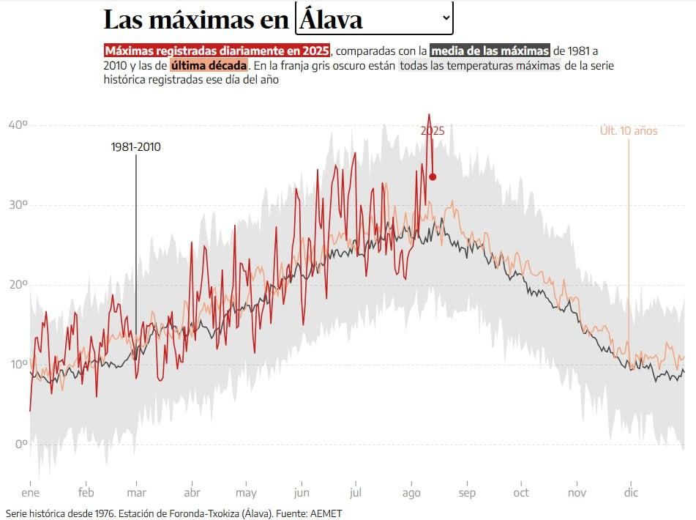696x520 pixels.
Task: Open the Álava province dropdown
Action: tap(374, 19)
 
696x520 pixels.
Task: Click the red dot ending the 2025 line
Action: tap(433, 177)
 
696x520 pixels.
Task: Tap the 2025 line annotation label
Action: tap(432, 131)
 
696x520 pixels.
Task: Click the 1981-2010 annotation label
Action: tap(136, 147)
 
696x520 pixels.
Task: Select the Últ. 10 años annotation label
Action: tap(628, 131)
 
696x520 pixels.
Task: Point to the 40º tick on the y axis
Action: tap(18, 125)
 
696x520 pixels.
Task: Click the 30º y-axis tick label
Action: tap(18, 205)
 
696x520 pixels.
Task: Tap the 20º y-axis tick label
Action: tap(18, 285)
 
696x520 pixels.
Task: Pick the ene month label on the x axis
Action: tap(30, 493)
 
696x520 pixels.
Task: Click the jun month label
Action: tap(301, 493)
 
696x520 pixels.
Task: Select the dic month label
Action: tap(630, 493)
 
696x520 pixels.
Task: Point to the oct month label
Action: tap(521, 493)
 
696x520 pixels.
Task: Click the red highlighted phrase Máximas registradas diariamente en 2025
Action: tap(217, 51)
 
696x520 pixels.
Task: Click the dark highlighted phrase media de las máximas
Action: tap(490, 51)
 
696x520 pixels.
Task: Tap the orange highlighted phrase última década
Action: tap(209, 65)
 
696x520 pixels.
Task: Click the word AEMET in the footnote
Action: tap(325, 513)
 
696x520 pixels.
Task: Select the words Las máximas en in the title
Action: tap(196, 21)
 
